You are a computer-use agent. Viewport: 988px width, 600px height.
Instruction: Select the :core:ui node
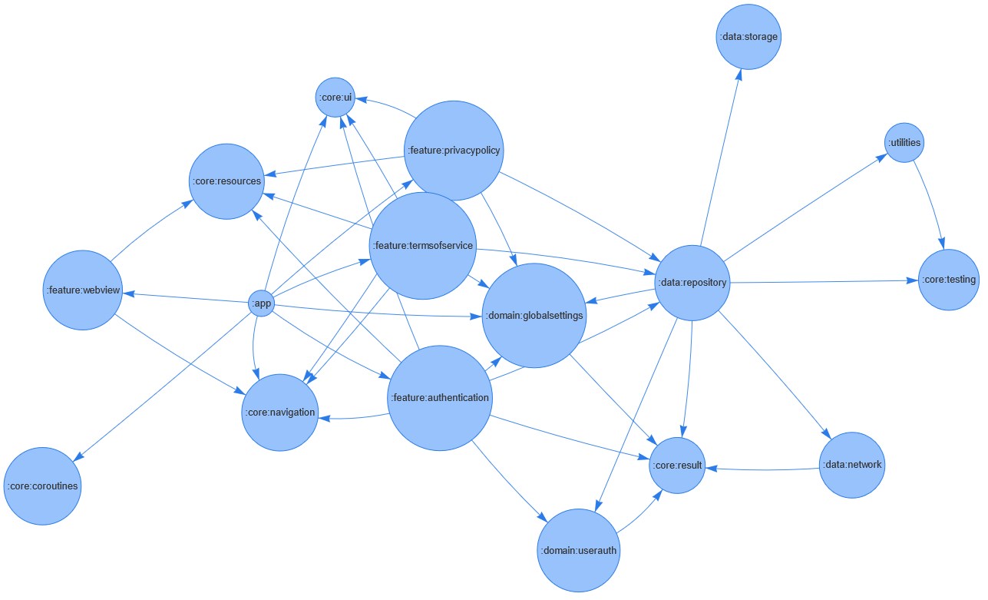(x=335, y=98)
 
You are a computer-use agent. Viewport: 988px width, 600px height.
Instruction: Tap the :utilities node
(x=904, y=143)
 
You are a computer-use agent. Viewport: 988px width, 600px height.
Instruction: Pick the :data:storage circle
(x=748, y=37)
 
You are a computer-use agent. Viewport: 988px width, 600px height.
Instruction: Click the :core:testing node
(x=949, y=280)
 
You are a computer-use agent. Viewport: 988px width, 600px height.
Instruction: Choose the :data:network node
(x=852, y=465)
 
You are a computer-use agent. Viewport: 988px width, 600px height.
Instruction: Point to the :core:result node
(x=676, y=466)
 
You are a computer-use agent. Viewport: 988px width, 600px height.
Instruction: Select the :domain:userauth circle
(x=578, y=550)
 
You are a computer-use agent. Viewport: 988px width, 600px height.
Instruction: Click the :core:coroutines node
(x=42, y=486)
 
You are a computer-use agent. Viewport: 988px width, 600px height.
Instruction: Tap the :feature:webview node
(x=82, y=290)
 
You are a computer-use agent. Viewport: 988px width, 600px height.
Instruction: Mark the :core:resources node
(x=226, y=181)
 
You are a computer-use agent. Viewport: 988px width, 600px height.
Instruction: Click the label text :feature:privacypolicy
(x=454, y=150)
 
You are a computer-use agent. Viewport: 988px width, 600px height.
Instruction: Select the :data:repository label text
(x=692, y=282)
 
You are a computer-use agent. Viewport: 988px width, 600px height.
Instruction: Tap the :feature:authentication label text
(x=439, y=397)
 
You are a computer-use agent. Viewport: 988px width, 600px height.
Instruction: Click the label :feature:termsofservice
(x=422, y=246)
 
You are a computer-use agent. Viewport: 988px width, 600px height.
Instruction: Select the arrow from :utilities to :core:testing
(x=930, y=200)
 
